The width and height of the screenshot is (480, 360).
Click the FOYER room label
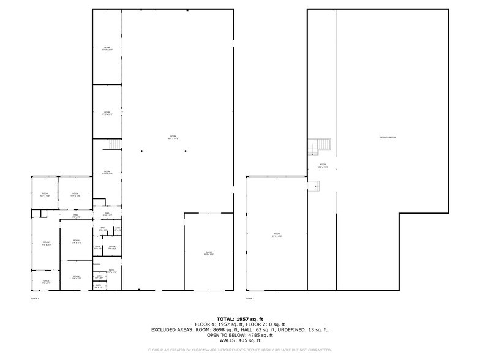tap(46, 282)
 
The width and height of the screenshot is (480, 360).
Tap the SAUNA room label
tap(112, 247)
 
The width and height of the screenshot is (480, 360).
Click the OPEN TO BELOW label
tap(388, 137)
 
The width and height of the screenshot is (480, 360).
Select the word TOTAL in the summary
tap(227, 319)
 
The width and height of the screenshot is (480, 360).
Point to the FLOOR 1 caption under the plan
tap(34, 298)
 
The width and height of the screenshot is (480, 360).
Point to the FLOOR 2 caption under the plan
tap(249, 298)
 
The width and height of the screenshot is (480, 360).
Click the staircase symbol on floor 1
tap(114, 144)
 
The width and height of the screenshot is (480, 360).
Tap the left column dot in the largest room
tap(141, 151)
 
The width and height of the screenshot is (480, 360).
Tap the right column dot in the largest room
tap(186, 151)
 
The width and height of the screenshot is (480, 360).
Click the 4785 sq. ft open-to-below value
tap(253, 335)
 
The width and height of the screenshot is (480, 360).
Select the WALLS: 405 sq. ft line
tap(240, 340)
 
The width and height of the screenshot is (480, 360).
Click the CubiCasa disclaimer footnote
tap(240, 350)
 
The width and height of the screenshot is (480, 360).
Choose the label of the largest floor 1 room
tap(173, 137)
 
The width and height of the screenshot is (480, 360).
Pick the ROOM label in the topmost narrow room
tap(107, 48)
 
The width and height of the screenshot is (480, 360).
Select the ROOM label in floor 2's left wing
tap(277, 234)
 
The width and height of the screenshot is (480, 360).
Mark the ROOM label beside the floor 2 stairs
tap(322, 165)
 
